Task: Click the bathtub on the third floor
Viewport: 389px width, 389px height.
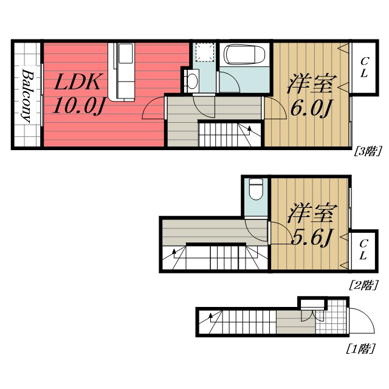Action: point(243,55)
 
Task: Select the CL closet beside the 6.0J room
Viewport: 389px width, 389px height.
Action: point(363,67)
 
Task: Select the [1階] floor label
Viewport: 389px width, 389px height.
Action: point(360,349)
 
